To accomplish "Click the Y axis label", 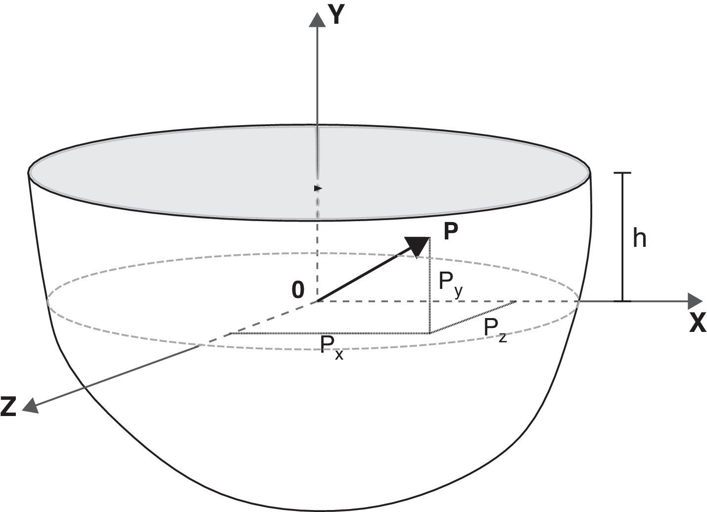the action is point(337,15).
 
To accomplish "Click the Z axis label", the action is point(8,406).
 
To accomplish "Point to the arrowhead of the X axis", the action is point(696,301).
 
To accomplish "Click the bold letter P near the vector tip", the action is point(451,231).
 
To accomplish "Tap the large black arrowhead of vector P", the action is point(417,246).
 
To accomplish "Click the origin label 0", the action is point(298,290).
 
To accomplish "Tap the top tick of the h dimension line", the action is point(623,173).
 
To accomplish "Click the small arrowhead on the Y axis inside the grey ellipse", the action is point(318,188).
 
